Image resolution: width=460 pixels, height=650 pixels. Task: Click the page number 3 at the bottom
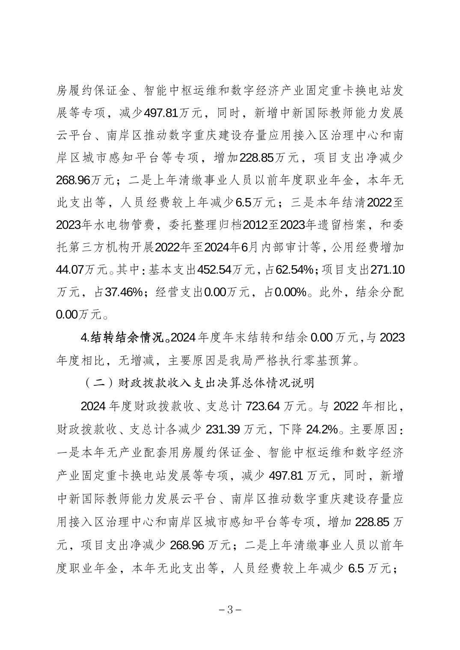230,610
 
